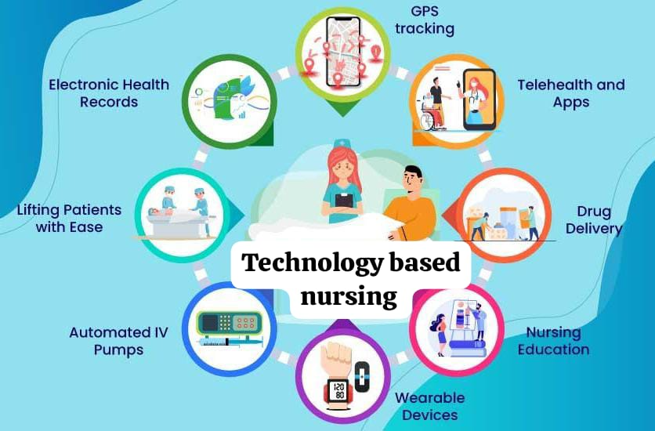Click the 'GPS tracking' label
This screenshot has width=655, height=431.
pos(425,20)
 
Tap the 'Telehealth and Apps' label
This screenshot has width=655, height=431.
pos(571,93)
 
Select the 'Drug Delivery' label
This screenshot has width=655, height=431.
pos(594,220)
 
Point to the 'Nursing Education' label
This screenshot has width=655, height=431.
pos(553,341)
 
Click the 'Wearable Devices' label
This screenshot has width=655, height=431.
pos(430,407)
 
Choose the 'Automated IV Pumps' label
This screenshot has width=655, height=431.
pos(118,341)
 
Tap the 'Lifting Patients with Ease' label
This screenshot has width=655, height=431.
pos(70,219)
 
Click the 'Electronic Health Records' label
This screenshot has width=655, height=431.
pos(109,93)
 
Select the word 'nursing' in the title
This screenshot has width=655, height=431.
pos(349,296)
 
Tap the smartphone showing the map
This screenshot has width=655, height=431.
pos(343,52)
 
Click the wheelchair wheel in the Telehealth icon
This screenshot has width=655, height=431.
pos(428,121)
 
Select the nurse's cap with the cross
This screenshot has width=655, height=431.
pos(342,143)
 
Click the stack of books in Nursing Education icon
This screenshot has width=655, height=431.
pos(468,348)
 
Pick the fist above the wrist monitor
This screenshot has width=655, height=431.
pos(338,358)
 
